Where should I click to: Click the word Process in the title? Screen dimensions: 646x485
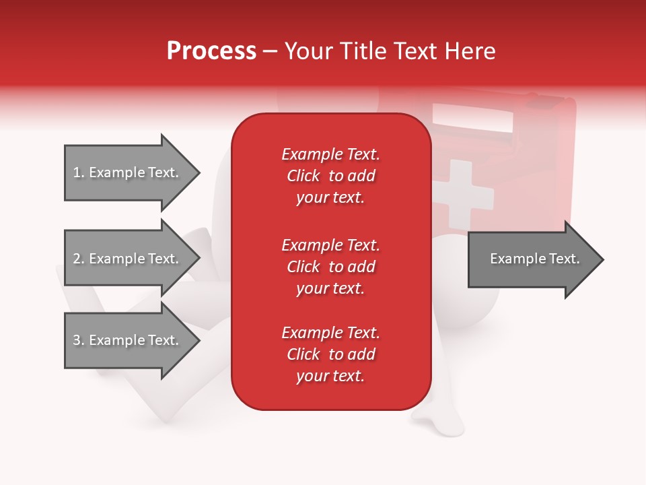click(212, 51)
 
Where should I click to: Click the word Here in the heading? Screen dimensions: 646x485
click(470, 51)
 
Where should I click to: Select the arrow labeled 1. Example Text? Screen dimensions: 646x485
click(133, 173)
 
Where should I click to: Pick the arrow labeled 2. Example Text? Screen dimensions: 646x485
click(133, 258)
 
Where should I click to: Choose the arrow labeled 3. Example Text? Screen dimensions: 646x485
click(133, 340)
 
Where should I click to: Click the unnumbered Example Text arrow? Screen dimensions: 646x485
click(536, 259)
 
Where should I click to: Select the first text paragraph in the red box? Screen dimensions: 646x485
click(331, 176)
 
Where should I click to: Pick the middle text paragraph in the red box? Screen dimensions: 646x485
click(331, 267)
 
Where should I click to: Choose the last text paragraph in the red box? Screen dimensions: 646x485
click(331, 354)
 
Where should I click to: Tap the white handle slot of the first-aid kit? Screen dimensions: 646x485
click(472, 117)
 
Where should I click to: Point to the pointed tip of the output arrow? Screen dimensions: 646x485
click(604, 259)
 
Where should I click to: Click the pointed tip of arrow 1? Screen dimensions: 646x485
click(200, 173)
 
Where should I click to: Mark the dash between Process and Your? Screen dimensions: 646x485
click(270, 53)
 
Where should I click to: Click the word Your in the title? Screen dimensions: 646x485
click(309, 51)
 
